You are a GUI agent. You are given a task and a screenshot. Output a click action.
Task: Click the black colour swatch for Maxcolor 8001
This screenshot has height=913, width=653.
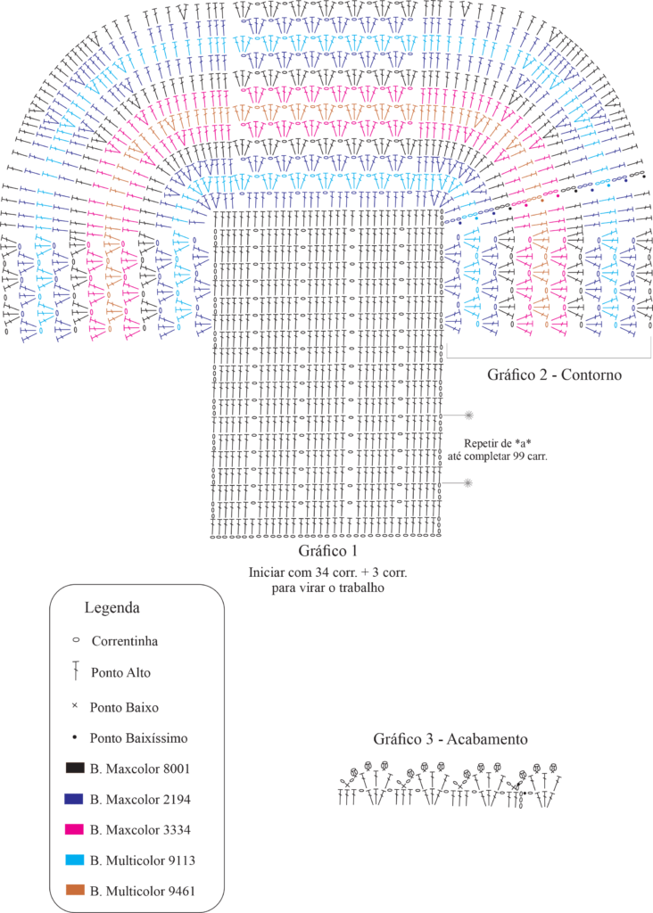point(74,768)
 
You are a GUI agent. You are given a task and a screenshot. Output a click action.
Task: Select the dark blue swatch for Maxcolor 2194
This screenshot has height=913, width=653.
point(74,799)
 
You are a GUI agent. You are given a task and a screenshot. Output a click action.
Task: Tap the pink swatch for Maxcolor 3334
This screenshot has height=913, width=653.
point(74,829)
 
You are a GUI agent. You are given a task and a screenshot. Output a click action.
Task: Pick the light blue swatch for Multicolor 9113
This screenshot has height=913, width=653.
point(74,860)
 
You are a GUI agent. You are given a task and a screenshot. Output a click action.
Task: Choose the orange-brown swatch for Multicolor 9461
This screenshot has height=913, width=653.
point(74,890)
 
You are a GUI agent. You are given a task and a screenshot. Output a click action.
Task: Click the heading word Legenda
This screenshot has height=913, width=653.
point(112,609)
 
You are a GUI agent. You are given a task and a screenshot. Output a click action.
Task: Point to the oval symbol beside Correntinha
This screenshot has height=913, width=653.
point(75,640)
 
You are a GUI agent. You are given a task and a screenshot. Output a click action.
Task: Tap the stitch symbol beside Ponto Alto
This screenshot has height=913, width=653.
point(77,671)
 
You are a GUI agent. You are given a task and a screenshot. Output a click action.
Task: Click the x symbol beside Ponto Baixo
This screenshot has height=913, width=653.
point(75,707)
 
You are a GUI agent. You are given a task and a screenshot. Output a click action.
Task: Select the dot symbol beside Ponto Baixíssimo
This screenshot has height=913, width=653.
point(75,737)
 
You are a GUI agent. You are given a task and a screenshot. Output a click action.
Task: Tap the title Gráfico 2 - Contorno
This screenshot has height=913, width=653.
point(553,374)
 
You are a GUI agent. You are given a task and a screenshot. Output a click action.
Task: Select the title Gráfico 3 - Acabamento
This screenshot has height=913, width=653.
point(450,740)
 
